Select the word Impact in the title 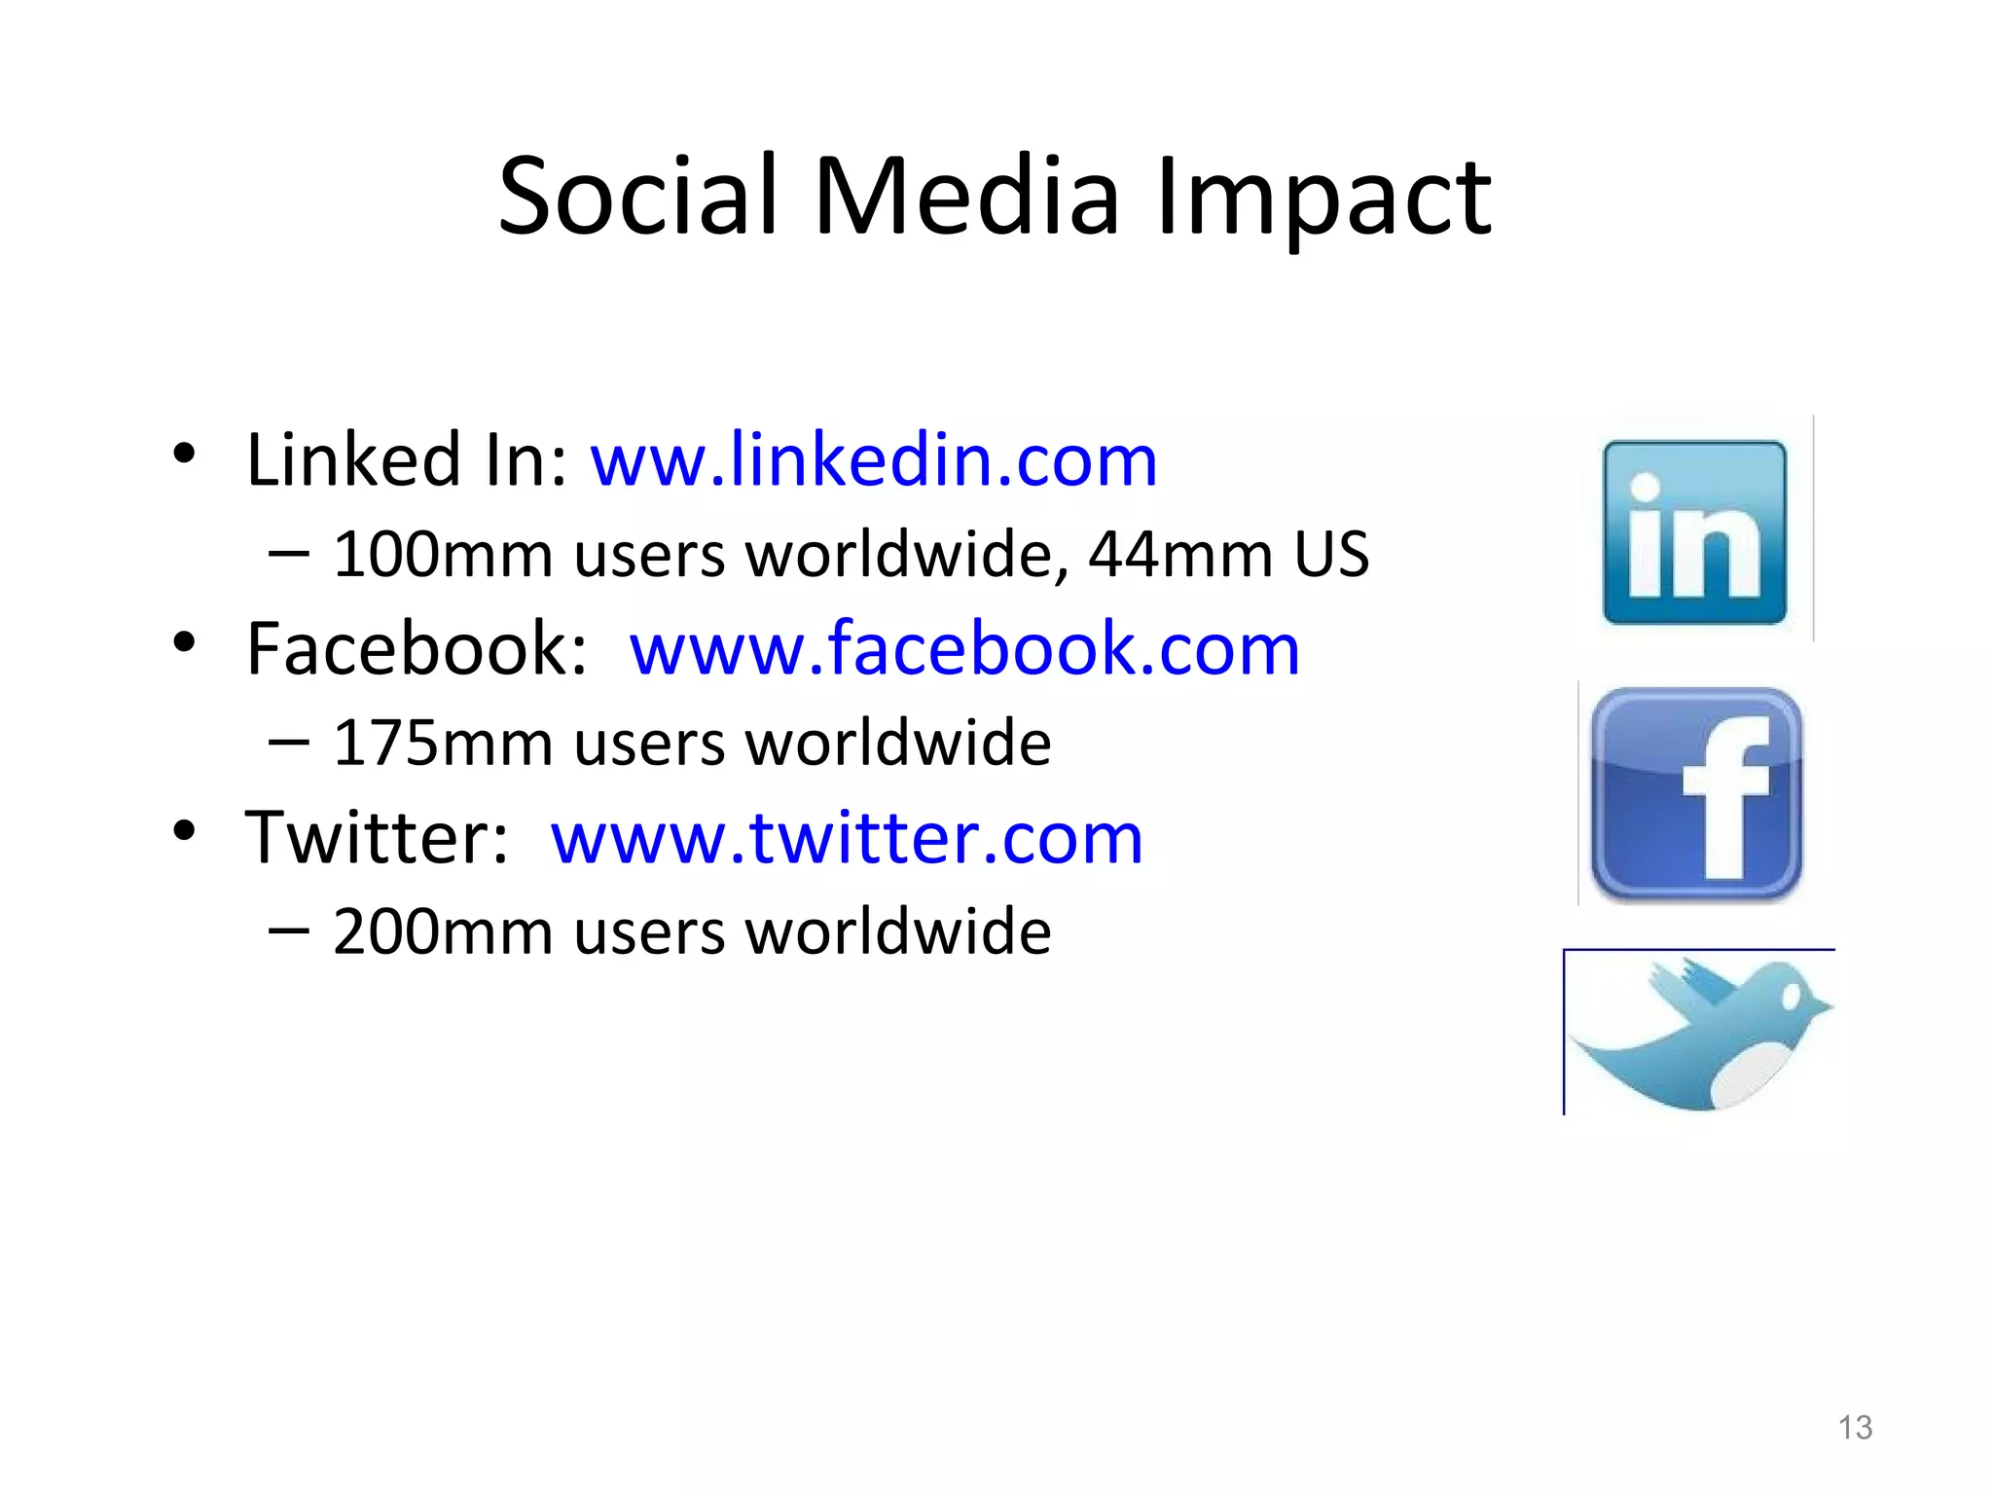click(x=1323, y=199)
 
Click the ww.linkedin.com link click(x=874, y=459)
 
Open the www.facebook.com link click(x=964, y=648)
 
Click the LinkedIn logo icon click(x=1694, y=531)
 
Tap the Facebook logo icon click(x=1696, y=793)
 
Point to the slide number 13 click(x=1855, y=1427)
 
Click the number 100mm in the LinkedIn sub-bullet click(x=443, y=555)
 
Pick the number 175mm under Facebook click(x=443, y=744)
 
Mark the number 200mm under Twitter click(x=443, y=932)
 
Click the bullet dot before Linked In click(x=184, y=454)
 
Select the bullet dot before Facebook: click(x=184, y=642)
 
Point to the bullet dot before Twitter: click(x=184, y=831)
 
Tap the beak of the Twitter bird click(x=1822, y=1008)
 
